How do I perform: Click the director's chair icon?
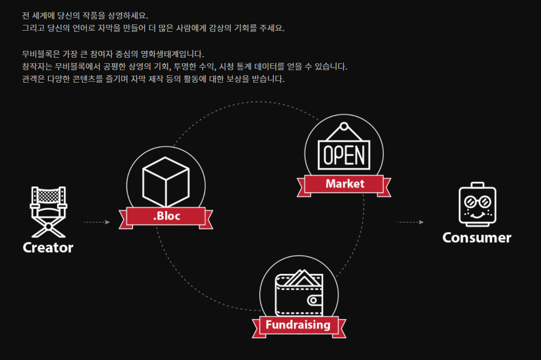(x=48, y=208)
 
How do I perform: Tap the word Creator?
(x=48, y=248)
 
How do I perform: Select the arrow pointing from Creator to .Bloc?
(x=97, y=222)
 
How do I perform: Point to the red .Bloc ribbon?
(x=167, y=216)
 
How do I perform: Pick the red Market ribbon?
(x=345, y=184)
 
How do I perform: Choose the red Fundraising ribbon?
(x=298, y=325)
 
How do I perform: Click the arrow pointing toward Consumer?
(x=411, y=222)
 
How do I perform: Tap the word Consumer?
(x=477, y=238)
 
